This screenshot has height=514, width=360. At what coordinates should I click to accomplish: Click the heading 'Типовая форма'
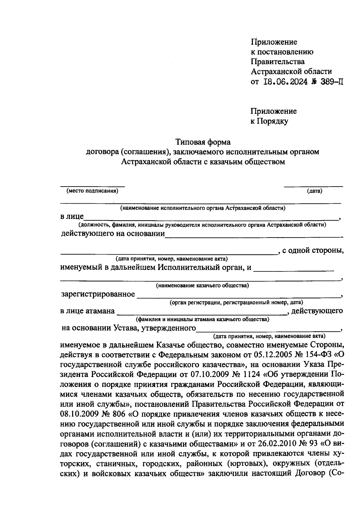point(203,141)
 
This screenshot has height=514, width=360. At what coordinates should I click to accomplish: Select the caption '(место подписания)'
point(92,191)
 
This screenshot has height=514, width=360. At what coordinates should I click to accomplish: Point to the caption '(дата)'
point(314,191)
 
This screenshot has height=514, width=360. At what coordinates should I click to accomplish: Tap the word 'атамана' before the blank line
point(100,311)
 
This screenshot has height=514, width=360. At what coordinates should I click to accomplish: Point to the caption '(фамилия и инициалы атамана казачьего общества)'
point(202,319)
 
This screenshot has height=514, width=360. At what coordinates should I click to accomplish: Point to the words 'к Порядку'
point(269,121)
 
